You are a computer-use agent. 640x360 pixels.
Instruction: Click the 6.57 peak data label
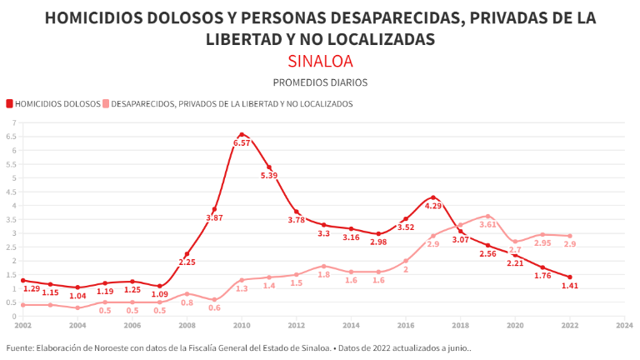tap(242, 143)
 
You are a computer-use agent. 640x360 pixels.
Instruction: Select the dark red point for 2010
tap(242, 134)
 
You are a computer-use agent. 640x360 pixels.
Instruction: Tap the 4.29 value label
tap(433, 206)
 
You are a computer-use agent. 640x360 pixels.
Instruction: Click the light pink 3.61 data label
tap(488, 225)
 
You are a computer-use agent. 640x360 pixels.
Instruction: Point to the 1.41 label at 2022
tap(570, 286)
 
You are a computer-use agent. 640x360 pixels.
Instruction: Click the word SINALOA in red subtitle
tap(320, 61)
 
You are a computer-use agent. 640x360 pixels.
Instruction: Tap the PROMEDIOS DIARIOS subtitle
tap(320, 82)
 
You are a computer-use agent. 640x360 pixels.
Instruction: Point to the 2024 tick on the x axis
tap(624, 325)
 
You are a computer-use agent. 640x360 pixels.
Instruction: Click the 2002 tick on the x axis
tap(22, 325)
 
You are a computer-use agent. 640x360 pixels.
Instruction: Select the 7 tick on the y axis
tap(13, 123)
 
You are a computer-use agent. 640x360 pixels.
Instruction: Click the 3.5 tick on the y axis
tap(12, 219)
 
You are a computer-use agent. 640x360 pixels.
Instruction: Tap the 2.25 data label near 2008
tap(187, 262)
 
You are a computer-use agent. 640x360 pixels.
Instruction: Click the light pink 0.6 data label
tap(214, 307)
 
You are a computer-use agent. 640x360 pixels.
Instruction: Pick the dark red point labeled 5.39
tap(269, 167)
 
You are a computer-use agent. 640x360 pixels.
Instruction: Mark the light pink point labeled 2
tap(406, 261)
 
